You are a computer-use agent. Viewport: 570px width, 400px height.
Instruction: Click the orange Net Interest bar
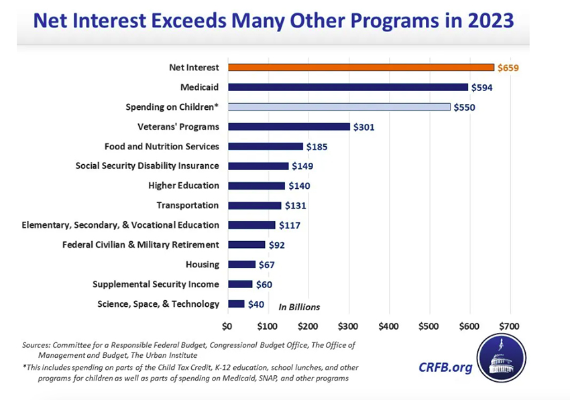coord(361,68)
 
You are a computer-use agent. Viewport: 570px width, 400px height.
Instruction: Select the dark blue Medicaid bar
coord(347,87)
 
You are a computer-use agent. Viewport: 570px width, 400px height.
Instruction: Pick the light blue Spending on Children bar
coord(339,107)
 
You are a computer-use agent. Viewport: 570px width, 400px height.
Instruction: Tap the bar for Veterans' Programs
coord(289,127)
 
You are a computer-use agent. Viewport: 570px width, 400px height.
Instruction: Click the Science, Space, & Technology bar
coord(236,304)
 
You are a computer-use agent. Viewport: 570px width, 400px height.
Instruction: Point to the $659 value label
coord(509,68)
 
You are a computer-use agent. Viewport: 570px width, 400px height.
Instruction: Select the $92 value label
coord(277,245)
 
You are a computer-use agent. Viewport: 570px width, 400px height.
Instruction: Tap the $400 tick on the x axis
coord(389,326)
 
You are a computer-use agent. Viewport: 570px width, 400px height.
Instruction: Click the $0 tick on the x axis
coord(227,326)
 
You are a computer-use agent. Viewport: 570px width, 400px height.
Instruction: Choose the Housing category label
coord(203,265)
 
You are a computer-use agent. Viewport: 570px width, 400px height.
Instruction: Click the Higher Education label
coord(184,186)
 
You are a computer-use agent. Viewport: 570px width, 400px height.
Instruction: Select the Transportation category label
coord(188,205)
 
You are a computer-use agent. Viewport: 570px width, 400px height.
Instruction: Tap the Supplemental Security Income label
coord(156,285)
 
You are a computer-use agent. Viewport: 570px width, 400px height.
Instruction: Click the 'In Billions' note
coord(299,307)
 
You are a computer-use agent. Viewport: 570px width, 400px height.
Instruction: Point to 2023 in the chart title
coord(488,21)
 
